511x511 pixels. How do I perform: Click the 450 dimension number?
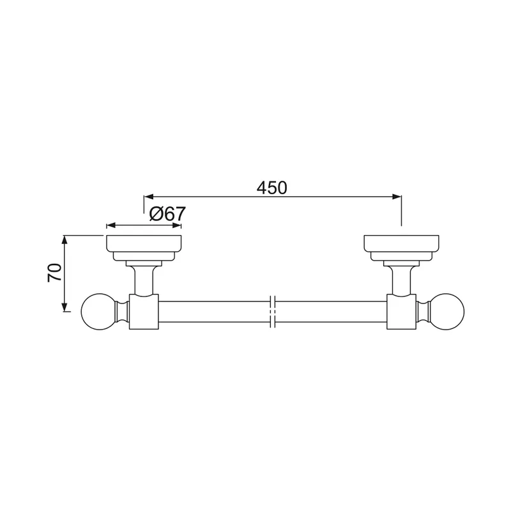point(272,188)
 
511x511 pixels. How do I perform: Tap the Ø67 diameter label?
point(167,214)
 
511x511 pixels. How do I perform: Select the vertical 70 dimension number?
point(55,273)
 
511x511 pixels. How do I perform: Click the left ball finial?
point(98,312)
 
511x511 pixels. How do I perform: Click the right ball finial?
point(447,312)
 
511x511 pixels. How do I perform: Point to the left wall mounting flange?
point(144,248)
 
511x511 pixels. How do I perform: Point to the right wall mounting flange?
point(401,248)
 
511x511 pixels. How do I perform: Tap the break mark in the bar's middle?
point(273,312)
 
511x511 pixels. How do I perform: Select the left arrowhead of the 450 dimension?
point(149,197)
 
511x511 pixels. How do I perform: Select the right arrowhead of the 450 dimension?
point(397,197)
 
